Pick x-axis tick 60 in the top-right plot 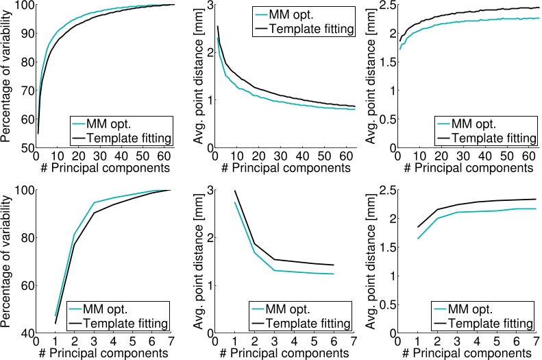coord(524,156)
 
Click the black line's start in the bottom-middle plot coord(235,191)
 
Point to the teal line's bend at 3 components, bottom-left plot coord(94,202)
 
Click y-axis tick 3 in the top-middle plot coord(208,5)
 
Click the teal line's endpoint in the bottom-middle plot coord(333,274)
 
